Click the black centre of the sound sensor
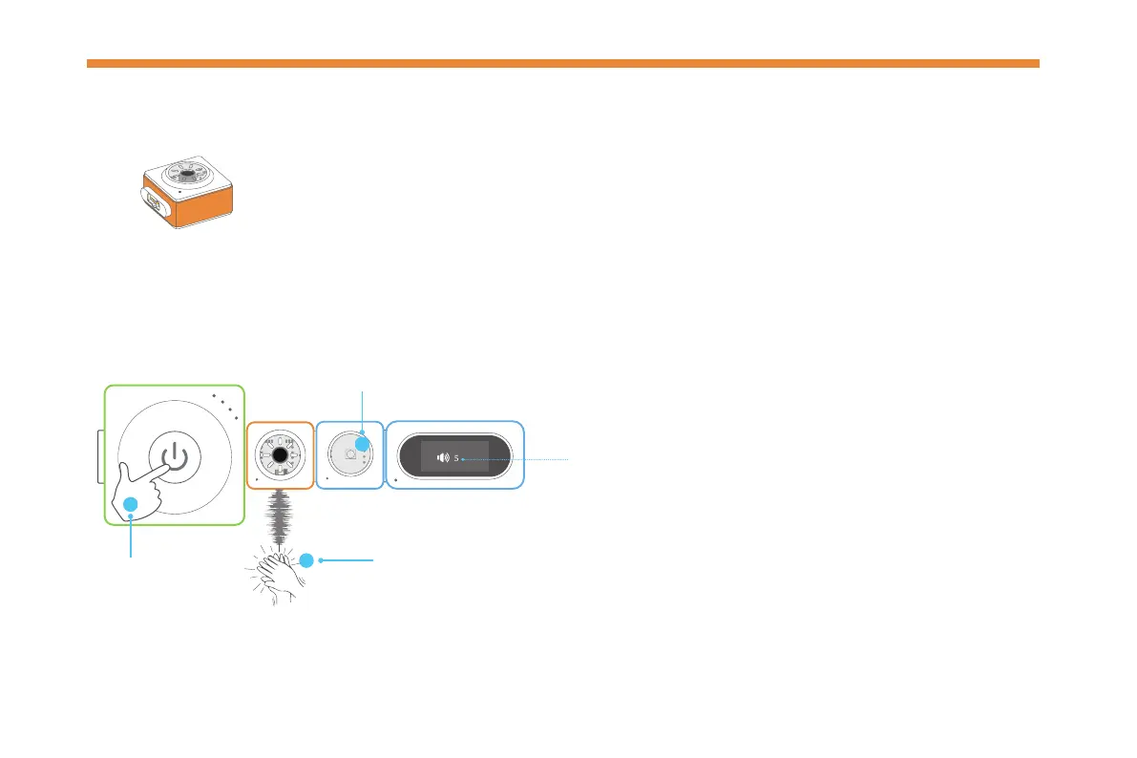(280, 456)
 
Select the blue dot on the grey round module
(364, 442)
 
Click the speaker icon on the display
(443, 457)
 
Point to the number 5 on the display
(456, 457)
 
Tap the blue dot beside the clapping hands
(306, 560)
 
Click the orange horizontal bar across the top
(562, 64)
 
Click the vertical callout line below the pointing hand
(131, 539)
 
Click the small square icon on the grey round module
(350, 455)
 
